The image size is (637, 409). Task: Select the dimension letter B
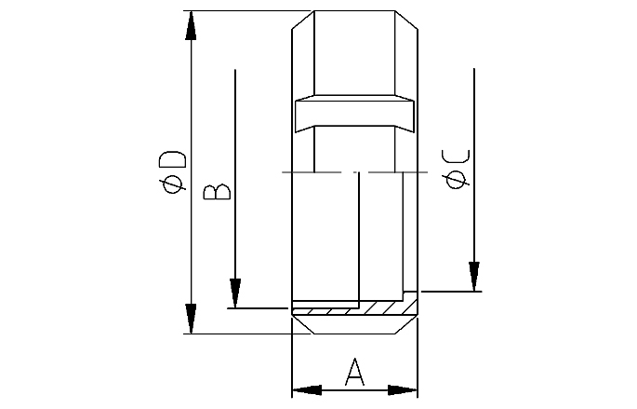tap(217, 192)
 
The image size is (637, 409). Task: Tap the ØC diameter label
tap(458, 169)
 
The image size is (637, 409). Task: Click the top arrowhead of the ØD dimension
tap(191, 25)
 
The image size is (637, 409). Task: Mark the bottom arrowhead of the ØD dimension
tap(191, 319)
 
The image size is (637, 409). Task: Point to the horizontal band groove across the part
tap(353, 115)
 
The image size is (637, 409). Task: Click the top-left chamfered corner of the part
tap(301, 19)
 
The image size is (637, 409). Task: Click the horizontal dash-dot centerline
tap(354, 172)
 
